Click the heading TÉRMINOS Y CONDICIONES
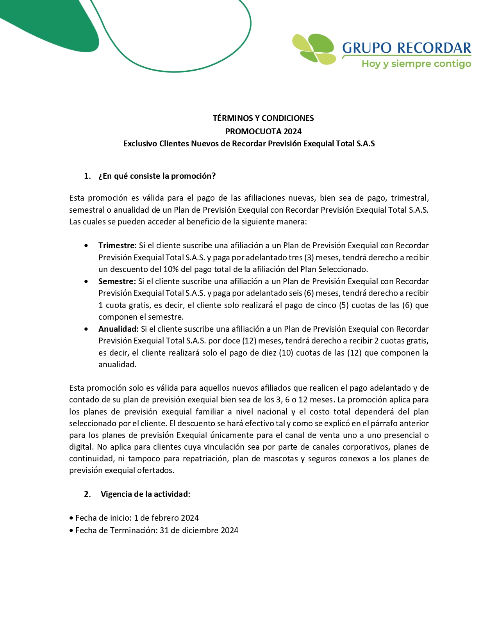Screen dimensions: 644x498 pos(263,118)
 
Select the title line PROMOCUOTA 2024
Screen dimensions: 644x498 pos(263,131)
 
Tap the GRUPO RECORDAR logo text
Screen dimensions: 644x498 pos(406,48)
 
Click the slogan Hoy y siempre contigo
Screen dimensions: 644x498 pos(416,64)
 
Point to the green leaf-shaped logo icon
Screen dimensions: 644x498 pos(315,49)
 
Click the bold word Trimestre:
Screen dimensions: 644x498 pos(117,246)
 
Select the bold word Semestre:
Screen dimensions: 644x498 pos(117,281)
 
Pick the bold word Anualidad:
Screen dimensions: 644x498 pos(118,329)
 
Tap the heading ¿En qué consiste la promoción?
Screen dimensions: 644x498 pos(157,176)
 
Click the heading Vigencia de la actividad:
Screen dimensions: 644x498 pos(145,494)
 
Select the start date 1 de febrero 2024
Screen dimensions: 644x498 pos(166,518)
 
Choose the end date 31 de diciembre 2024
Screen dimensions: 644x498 pos(199,530)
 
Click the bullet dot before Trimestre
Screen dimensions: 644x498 pos(86,246)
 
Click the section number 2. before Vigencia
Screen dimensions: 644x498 pos(87,494)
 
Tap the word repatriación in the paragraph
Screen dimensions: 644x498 pos(205,459)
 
